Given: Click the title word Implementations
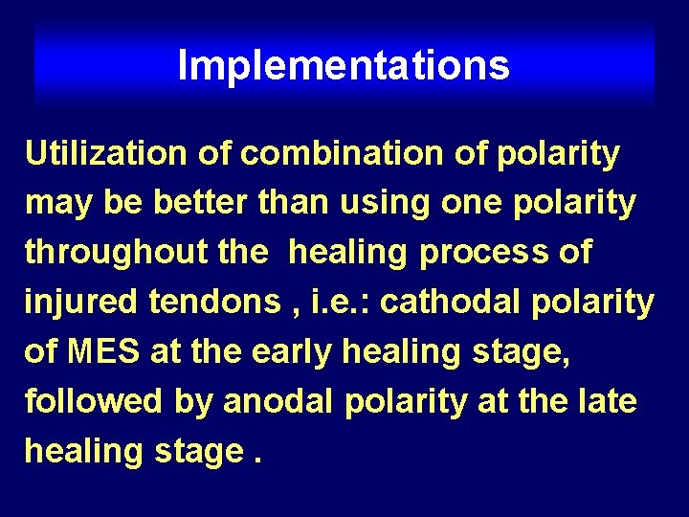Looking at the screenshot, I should [344, 66].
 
